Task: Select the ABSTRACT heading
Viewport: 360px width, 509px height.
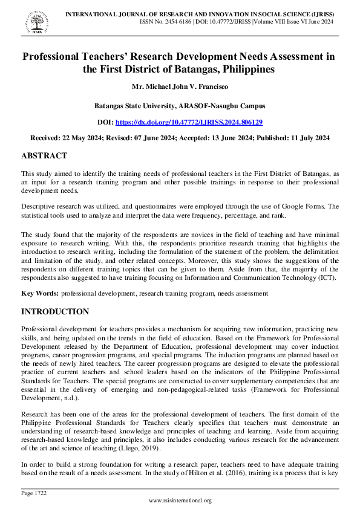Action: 44,156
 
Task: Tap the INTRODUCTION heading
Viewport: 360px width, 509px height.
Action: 55,312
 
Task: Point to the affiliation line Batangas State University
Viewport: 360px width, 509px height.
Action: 180,106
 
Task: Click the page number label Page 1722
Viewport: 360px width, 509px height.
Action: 34,493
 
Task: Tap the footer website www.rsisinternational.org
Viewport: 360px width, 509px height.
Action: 180,501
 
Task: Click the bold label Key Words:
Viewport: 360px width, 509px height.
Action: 40,293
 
